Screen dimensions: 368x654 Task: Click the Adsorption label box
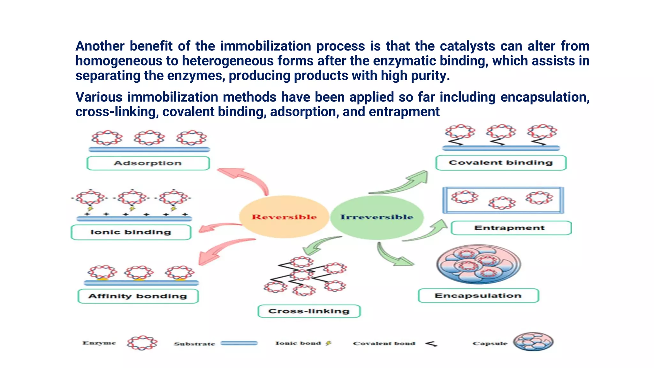pyautogui.click(x=148, y=163)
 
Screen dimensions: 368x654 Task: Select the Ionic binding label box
pyautogui.click(x=131, y=232)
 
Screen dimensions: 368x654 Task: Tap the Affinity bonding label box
pyautogui.click(x=138, y=296)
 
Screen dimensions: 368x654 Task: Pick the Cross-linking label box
pyautogui.click(x=309, y=311)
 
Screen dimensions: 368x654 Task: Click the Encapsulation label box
pyautogui.click(x=478, y=295)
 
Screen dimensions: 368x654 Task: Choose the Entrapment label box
pyautogui.click(x=510, y=228)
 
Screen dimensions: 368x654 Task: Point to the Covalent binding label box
pyautogui.click(x=500, y=163)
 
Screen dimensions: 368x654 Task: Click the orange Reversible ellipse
pyautogui.click(x=284, y=217)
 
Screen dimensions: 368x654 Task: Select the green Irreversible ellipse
pyautogui.click(x=377, y=217)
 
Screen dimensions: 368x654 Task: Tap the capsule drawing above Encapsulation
pyautogui.click(x=478, y=264)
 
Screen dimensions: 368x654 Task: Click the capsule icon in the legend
pyautogui.click(x=533, y=342)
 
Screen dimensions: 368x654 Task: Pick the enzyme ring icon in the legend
pyautogui.click(x=142, y=343)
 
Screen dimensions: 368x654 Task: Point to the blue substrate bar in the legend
pyautogui.click(x=239, y=343)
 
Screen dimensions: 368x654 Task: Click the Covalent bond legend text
pyautogui.click(x=384, y=343)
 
